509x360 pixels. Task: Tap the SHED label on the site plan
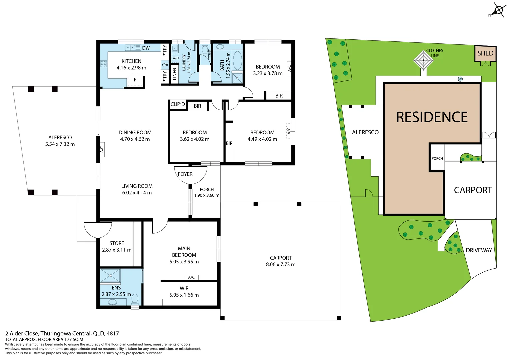(485, 53)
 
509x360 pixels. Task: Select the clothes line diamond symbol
(423, 60)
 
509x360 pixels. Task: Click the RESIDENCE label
(432, 117)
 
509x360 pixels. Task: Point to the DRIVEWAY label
(479, 250)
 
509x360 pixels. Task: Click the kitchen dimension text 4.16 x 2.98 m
(131, 68)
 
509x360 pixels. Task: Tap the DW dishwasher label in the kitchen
(146, 48)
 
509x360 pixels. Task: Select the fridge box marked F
(135, 80)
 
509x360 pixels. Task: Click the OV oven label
(165, 65)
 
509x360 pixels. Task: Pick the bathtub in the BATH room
(237, 60)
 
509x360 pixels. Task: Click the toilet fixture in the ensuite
(135, 299)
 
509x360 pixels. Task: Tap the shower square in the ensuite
(110, 276)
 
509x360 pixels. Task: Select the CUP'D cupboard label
(178, 104)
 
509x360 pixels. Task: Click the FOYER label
(185, 174)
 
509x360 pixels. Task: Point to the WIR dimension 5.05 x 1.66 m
(184, 295)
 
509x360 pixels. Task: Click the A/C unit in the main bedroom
(191, 277)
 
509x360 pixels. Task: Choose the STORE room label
(117, 243)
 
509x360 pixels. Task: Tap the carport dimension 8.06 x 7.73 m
(281, 264)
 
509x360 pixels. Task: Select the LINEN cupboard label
(174, 74)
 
